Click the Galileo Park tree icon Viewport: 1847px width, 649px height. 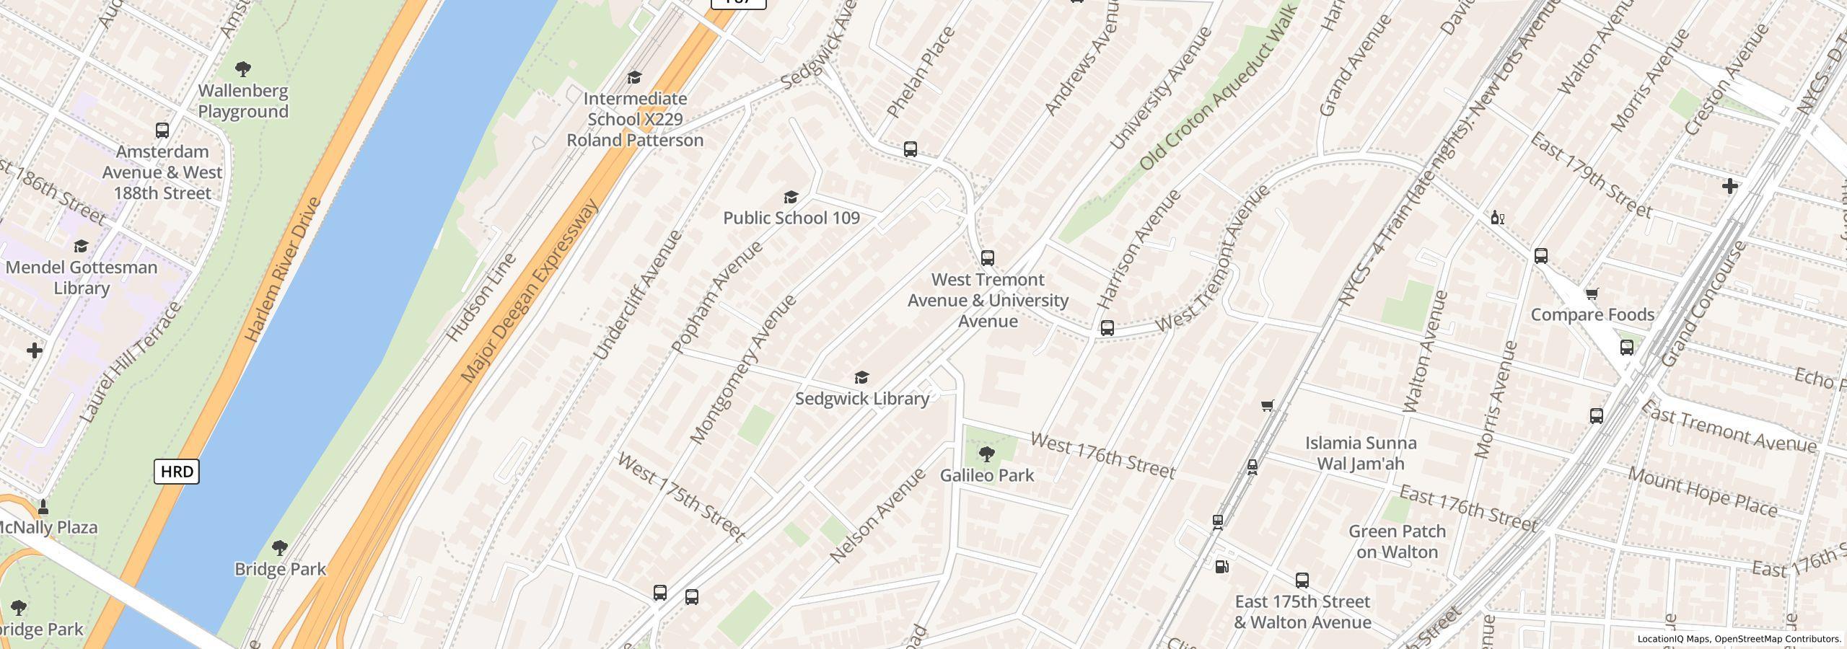click(986, 454)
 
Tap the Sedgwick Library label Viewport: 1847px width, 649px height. click(861, 399)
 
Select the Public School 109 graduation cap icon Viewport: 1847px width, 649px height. click(791, 198)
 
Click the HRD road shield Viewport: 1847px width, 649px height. click(177, 472)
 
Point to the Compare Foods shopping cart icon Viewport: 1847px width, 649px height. click(1592, 293)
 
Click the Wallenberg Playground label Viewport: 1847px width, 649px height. click(243, 102)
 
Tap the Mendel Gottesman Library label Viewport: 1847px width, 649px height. click(81, 278)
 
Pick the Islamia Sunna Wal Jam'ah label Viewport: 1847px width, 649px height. click(1361, 454)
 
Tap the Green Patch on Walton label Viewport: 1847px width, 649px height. click(1397, 542)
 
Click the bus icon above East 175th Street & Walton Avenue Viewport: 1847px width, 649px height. click(1302, 580)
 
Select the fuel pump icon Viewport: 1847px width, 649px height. click(1221, 567)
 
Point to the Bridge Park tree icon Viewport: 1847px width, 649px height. click(280, 548)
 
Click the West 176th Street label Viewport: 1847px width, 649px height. click(1102, 456)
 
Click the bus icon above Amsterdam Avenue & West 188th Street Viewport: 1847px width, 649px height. click(162, 131)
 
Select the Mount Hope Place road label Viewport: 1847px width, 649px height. click(1702, 493)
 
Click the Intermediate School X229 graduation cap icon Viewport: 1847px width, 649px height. click(634, 78)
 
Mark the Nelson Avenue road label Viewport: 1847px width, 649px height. click(877, 515)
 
